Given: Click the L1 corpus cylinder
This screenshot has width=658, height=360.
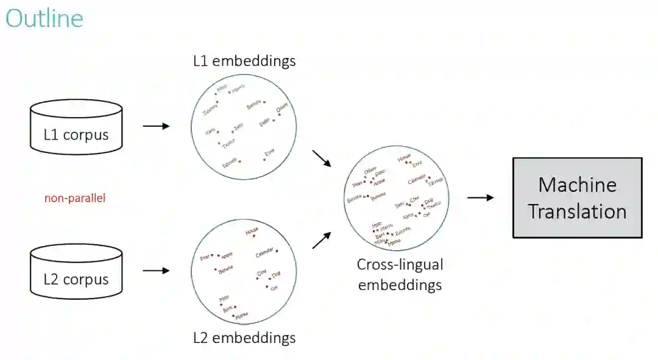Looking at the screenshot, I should pos(76,128).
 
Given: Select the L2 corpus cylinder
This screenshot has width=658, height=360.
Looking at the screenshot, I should pos(76,273).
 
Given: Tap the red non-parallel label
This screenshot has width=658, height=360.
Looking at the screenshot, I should pos(75,198).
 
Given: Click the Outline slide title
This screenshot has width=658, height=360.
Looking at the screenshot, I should pos(44,19).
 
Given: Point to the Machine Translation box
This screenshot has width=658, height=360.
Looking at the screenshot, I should pos(577,197).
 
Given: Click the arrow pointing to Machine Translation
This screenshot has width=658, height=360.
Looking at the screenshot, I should pos(480,197).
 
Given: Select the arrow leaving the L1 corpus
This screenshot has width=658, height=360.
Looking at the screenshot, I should pos(156,126).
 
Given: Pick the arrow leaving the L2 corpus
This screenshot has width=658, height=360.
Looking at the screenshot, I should pos(156,270).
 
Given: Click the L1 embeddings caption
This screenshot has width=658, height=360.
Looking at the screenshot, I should pos(244,61).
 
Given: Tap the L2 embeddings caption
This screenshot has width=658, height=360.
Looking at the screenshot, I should pos(244,337).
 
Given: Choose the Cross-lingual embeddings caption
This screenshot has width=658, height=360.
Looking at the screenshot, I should pos(400,275).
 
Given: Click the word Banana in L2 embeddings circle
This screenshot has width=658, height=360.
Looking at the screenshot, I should pos(226,272).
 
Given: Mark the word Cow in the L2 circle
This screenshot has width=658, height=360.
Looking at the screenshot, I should pos(263,274).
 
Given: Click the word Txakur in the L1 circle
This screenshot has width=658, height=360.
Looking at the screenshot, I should pos(227,145).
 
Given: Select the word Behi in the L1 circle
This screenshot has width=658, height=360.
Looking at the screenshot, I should pos(239,127).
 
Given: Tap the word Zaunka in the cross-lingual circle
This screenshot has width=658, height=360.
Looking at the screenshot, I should pos(403,230).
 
